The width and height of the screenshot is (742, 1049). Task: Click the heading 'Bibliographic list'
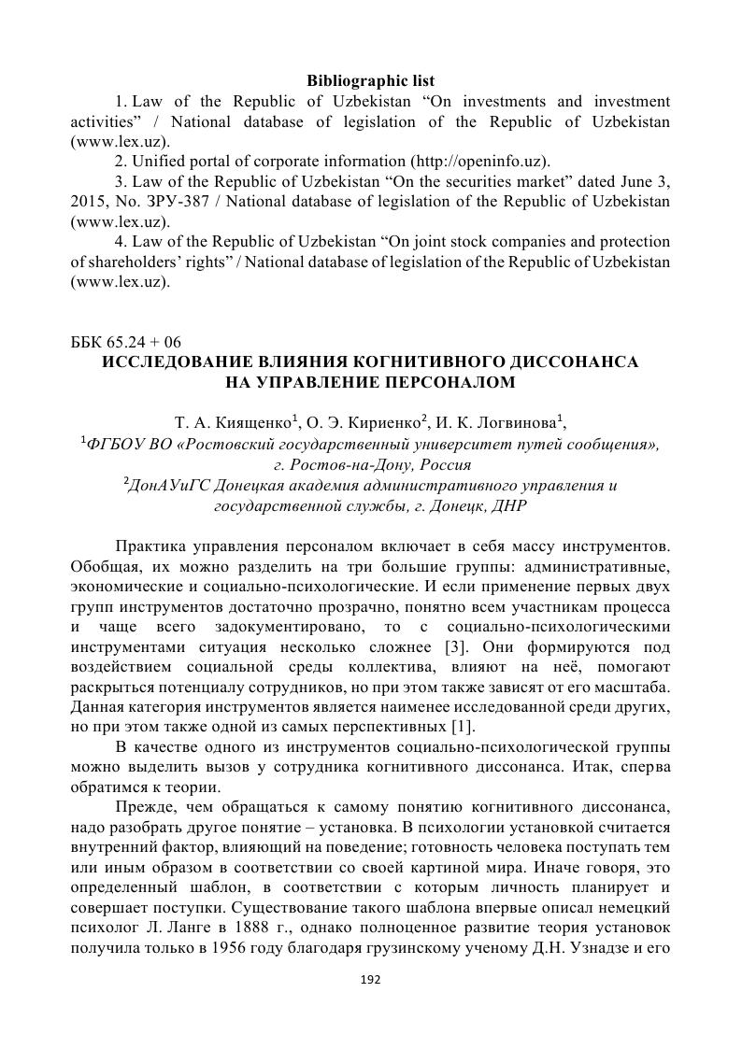pyautogui.click(x=371, y=81)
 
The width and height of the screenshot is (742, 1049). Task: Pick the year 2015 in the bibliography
pyautogui.click(x=90, y=201)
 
